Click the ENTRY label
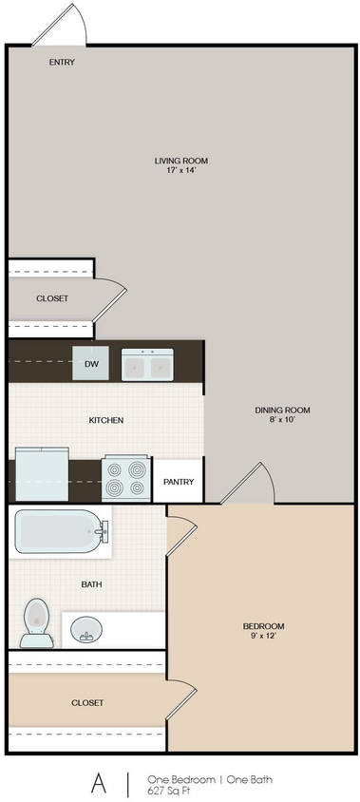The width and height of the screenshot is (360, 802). pyautogui.click(x=62, y=63)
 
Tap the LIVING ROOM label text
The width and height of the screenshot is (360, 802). pyautogui.click(x=180, y=162)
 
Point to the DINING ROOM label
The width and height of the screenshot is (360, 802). pyautogui.click(x=282, y=411)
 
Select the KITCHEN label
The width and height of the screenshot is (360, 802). pyautogui.click(x=105, y=420)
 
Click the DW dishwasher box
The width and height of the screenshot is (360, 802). pyautogui.click(x=91, y=363)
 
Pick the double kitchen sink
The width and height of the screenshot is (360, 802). pyautogui.click(x=147, y=364)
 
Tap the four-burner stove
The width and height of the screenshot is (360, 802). pyautogui.click(x=126, y=479)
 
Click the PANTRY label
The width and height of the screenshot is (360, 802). pyautogui.click(x=179, y=482)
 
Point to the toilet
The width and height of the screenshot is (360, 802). pyautogui.click(x=36, y=622)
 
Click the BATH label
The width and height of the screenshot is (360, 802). pyautogui.click(x=92, y=584)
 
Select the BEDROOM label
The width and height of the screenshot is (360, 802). pyautogui.click(x=263, y=626)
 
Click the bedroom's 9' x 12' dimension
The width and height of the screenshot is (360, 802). pyautogui.click(x=263, y=637)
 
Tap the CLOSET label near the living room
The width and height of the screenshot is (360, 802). pyautogui.click(x=52, y=298)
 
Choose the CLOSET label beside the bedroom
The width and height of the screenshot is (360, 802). pyautogui.click(x=86, y=702)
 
